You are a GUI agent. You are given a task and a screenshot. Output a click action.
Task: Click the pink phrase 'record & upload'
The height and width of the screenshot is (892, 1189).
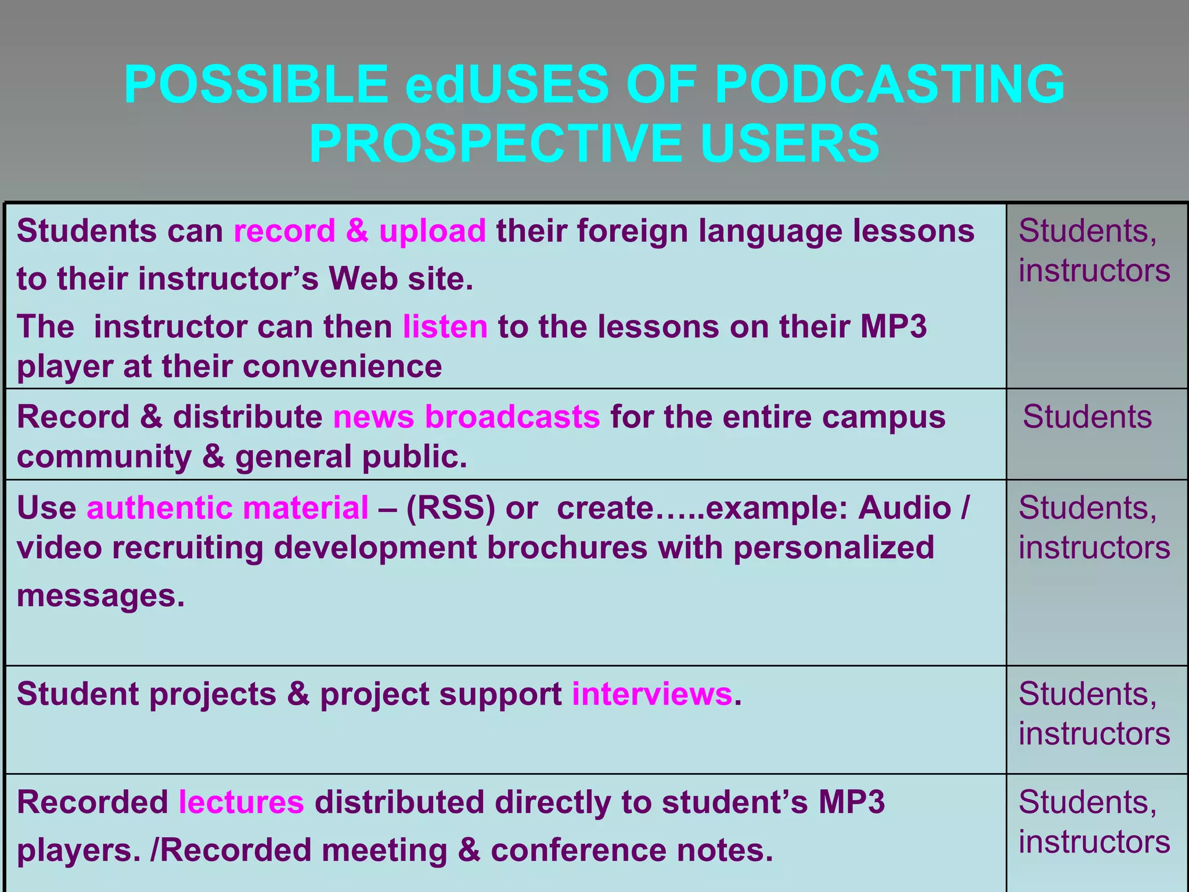[359, 231]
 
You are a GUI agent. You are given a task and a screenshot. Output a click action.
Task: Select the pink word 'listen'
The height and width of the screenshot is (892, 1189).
[445, 327]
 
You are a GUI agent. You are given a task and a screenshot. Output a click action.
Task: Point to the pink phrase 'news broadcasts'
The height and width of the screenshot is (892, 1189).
[466, 417]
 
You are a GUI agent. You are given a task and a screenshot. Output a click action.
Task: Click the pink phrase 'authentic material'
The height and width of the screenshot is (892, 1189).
[228, 508]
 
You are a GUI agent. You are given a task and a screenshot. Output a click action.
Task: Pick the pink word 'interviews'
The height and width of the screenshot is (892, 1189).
[652, 694]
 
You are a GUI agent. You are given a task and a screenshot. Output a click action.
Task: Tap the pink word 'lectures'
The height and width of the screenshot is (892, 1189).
[242, 803]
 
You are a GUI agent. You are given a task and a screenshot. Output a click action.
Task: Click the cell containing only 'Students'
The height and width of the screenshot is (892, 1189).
[1087, 417]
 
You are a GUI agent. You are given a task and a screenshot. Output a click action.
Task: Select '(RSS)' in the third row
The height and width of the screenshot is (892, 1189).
[451, 508]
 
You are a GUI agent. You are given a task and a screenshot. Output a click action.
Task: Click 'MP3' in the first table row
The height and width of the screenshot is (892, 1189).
[893, 327]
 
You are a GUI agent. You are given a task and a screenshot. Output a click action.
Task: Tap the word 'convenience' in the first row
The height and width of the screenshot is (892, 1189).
[343, 367]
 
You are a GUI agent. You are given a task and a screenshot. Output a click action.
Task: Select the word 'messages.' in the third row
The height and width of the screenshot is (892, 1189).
[101, 596]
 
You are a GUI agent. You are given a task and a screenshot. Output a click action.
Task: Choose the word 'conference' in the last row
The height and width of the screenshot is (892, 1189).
[578, 851]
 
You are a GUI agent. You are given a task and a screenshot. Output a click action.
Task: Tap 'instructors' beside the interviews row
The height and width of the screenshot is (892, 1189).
[1094, 734]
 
